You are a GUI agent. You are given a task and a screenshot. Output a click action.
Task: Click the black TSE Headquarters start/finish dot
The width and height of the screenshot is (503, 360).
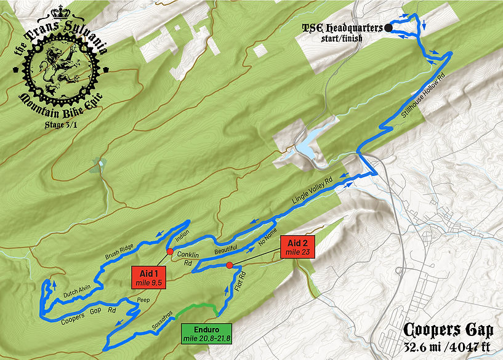tap(388, 28)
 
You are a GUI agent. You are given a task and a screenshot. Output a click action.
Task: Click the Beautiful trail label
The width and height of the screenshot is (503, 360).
tap(225, 252)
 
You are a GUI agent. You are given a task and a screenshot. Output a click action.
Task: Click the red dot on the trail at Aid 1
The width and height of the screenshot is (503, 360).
tap(169, 251)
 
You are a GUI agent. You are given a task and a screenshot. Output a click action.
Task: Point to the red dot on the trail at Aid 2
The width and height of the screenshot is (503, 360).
tap(229, 265)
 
